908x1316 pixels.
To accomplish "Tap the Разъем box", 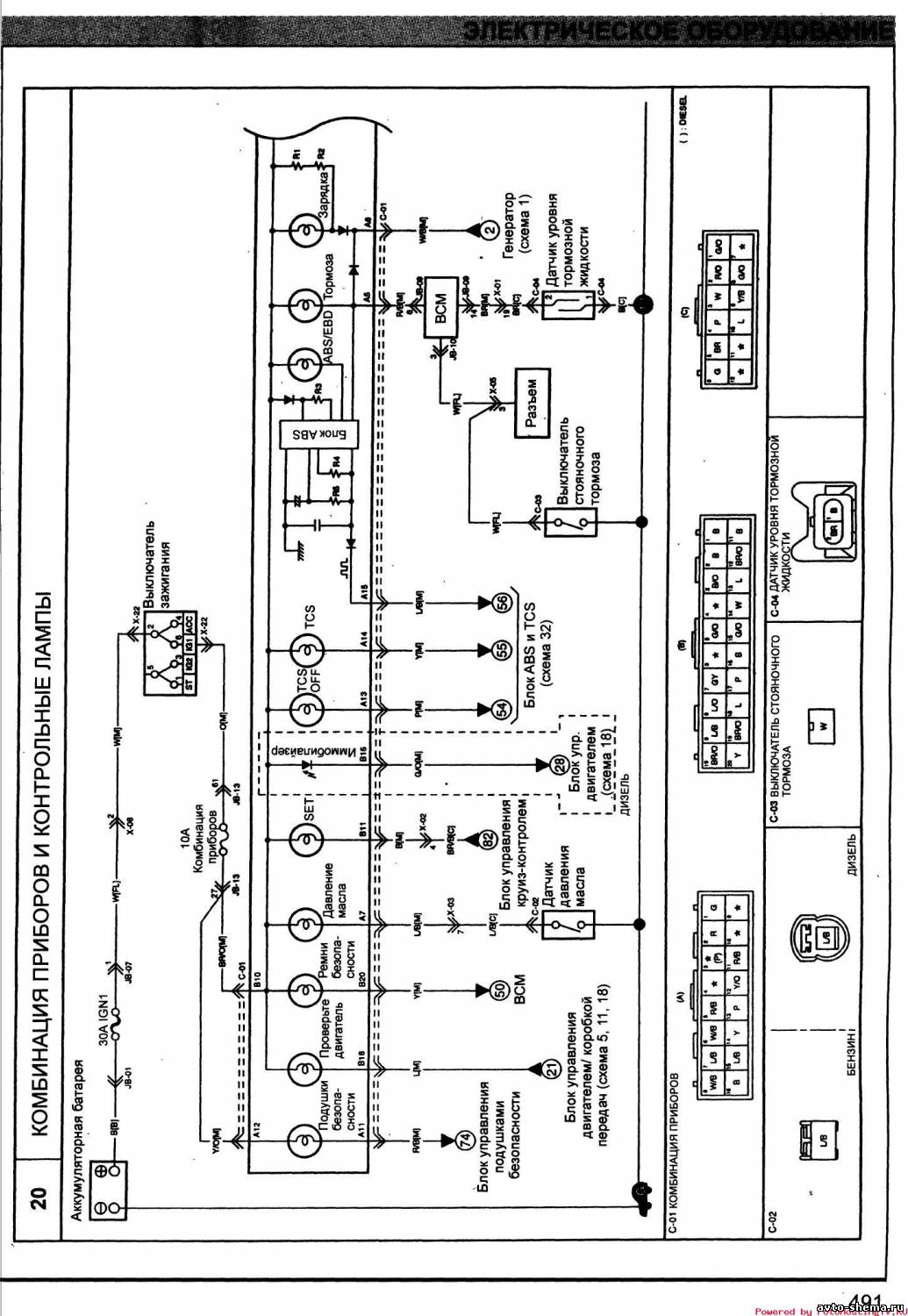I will [x=536, y=403].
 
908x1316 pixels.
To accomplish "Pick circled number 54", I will [x=503, y=709].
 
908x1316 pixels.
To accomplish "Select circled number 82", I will [x=489, y=839].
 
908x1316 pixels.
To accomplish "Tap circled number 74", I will [x=466, y=1140].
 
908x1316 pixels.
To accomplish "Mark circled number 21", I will [x=551, y=1068].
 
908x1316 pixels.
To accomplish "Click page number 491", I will [x=863, y=1301].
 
